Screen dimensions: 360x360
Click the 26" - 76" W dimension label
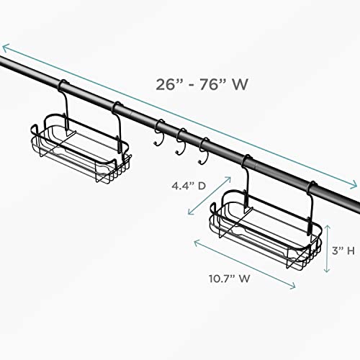tap(202, 84)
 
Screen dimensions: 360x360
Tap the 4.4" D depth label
tap(189, 186)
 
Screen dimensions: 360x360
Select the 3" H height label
tap(343, 251)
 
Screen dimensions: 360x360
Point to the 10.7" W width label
tap(230, 279)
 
